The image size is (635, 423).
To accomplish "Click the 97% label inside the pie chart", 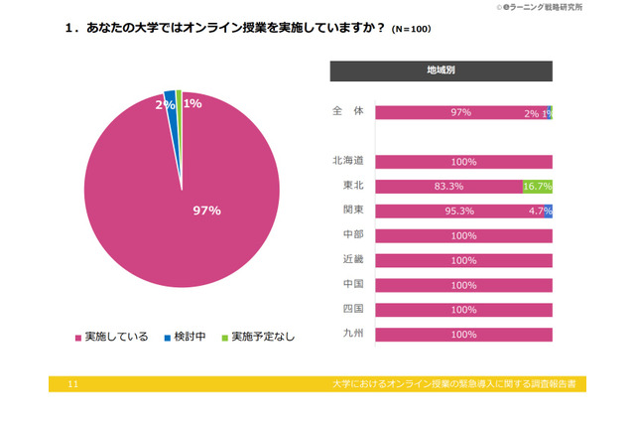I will (206, 211).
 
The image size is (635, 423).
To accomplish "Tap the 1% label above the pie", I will (193, 103).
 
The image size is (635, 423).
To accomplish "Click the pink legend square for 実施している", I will (78, 338).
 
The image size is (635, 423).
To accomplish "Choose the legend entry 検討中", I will (184, 338).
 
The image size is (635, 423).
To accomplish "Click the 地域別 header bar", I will (441, 70).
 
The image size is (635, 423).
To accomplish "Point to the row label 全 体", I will (347, 112).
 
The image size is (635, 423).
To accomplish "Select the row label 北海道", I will (347, 161).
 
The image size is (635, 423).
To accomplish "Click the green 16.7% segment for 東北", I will (537, 187).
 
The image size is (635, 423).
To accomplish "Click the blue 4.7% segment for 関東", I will (548, 211).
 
